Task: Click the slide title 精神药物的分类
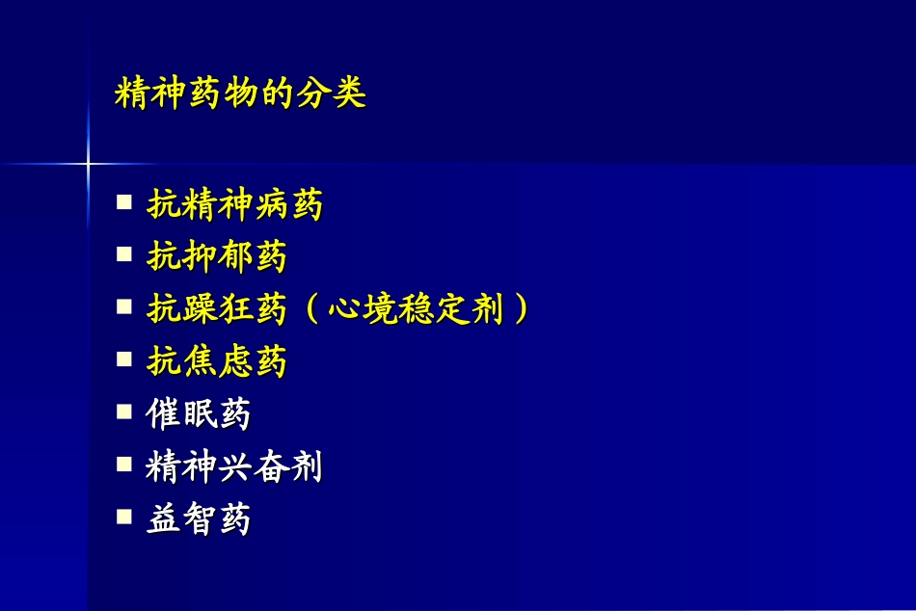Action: pos(240,94)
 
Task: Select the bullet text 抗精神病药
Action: pos(234,204)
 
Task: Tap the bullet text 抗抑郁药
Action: pos(217,256)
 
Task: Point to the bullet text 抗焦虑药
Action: pos(217,361)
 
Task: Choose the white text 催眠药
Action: pos(199,414)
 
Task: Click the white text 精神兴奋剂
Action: pos(234,467)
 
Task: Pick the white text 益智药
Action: pos(199,519)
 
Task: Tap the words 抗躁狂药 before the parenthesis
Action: pos(217,309)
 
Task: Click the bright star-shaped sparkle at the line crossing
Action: pos(88,164)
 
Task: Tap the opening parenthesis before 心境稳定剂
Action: pos(310,309)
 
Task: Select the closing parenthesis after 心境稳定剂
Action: pos(521,309)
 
